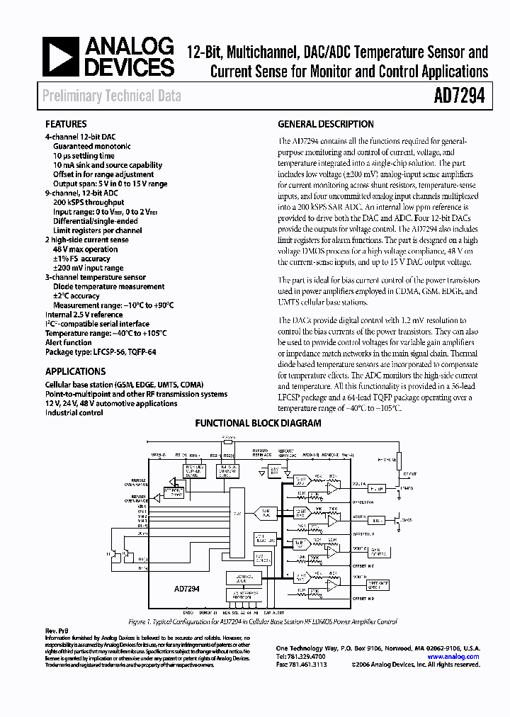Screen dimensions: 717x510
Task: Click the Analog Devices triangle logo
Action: click(61, 57)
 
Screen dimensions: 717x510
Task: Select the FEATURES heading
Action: click(66, 123)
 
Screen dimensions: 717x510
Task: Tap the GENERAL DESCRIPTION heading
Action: click(326, 123)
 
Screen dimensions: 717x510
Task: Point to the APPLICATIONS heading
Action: click(75, 371)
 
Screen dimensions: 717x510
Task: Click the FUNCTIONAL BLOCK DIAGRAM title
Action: click(258, 423)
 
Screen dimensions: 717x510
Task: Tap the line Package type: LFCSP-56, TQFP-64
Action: click(100, 351)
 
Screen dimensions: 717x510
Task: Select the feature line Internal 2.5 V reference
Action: click(84, 315)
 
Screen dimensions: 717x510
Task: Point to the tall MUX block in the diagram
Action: click(237, 510)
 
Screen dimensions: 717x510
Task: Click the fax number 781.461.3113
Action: click(301, 665)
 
